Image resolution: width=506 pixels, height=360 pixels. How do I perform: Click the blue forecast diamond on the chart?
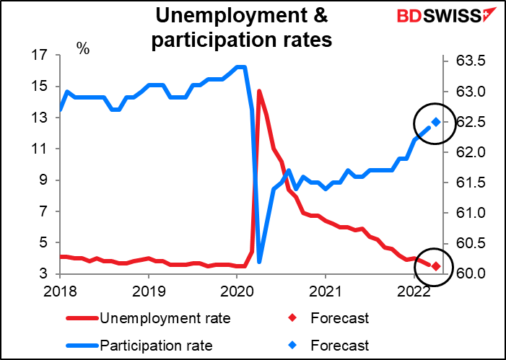436,122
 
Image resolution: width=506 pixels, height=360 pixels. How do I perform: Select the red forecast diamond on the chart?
436,267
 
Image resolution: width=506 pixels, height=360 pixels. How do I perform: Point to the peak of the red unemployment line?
258,91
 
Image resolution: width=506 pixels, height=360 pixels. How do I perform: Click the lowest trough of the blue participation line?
259,261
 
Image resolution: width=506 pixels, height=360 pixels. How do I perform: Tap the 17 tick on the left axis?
40,55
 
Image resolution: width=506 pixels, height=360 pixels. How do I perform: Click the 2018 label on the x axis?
60,293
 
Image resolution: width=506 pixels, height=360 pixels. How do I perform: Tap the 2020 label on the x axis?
237,293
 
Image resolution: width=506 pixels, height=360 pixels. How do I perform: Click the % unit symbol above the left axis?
84,49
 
